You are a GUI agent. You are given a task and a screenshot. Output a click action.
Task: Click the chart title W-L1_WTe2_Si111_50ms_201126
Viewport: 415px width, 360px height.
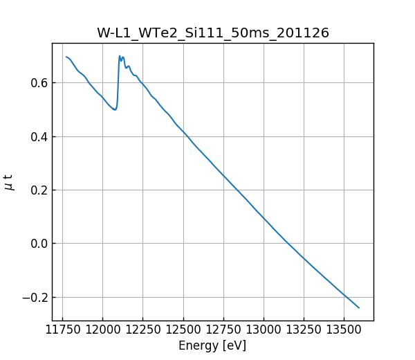point(212,33)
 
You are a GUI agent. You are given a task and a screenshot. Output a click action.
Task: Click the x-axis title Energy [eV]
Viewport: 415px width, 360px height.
point(212,345)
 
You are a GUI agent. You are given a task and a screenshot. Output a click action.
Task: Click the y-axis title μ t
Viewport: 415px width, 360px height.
point(9,182)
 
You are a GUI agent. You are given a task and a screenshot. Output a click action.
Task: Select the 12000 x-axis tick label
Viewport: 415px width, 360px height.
point(103,330)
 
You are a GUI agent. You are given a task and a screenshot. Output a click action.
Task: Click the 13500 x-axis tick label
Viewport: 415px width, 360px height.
point(344,330)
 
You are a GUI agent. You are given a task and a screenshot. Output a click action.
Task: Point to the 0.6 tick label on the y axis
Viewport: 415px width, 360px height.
point(39,83)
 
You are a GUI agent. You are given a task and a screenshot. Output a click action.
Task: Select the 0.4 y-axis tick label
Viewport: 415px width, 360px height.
point(39,136)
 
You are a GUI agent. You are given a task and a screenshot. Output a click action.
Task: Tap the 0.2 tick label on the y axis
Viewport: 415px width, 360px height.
point(39,190)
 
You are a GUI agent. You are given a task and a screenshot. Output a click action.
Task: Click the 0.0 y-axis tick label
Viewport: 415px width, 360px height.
point(39,244)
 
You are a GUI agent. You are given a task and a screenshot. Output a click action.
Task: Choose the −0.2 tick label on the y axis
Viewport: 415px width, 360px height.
point(35,297)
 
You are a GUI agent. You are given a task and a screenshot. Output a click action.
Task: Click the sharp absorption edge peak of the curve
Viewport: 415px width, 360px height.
point(120,56)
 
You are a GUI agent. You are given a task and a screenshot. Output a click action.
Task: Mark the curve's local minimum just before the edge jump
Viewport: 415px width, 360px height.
point(115,109)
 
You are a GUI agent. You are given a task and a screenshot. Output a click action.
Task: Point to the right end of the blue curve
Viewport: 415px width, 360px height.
point(359,307)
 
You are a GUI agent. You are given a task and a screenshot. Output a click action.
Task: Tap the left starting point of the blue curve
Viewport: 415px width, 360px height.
point(66,57)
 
